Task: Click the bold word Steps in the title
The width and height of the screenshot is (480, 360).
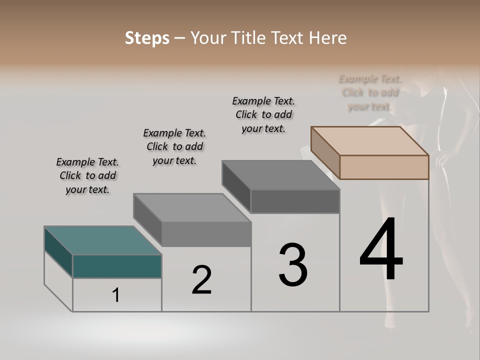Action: (x=147, y=38)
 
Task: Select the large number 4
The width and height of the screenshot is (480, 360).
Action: (x=381, y=250)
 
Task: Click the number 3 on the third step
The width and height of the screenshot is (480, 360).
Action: (x=293, y=265)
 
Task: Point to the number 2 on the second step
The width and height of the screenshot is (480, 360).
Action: (x=201, y=280)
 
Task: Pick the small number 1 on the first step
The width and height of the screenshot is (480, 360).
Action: (x=116, y=295)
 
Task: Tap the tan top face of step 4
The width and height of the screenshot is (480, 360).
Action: (x=370, y=140)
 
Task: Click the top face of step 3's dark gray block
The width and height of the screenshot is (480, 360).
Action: (x=280, y=175)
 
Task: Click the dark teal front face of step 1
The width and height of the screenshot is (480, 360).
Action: (x=117, y=266)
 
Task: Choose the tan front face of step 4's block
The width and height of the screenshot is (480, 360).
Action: (x=384, y=167)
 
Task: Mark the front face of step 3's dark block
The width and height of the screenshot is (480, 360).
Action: (x=295, y=201)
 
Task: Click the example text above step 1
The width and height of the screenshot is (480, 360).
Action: (x=87, y=175)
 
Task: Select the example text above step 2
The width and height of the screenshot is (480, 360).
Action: (x=174, y=146)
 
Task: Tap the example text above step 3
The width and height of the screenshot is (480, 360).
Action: (x=263, y=114)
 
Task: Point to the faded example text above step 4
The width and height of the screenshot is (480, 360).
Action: (x=370, y=92)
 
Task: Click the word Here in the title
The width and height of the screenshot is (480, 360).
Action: (x=328, y=38)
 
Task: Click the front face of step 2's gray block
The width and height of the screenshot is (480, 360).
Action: (x=206, y=234)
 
